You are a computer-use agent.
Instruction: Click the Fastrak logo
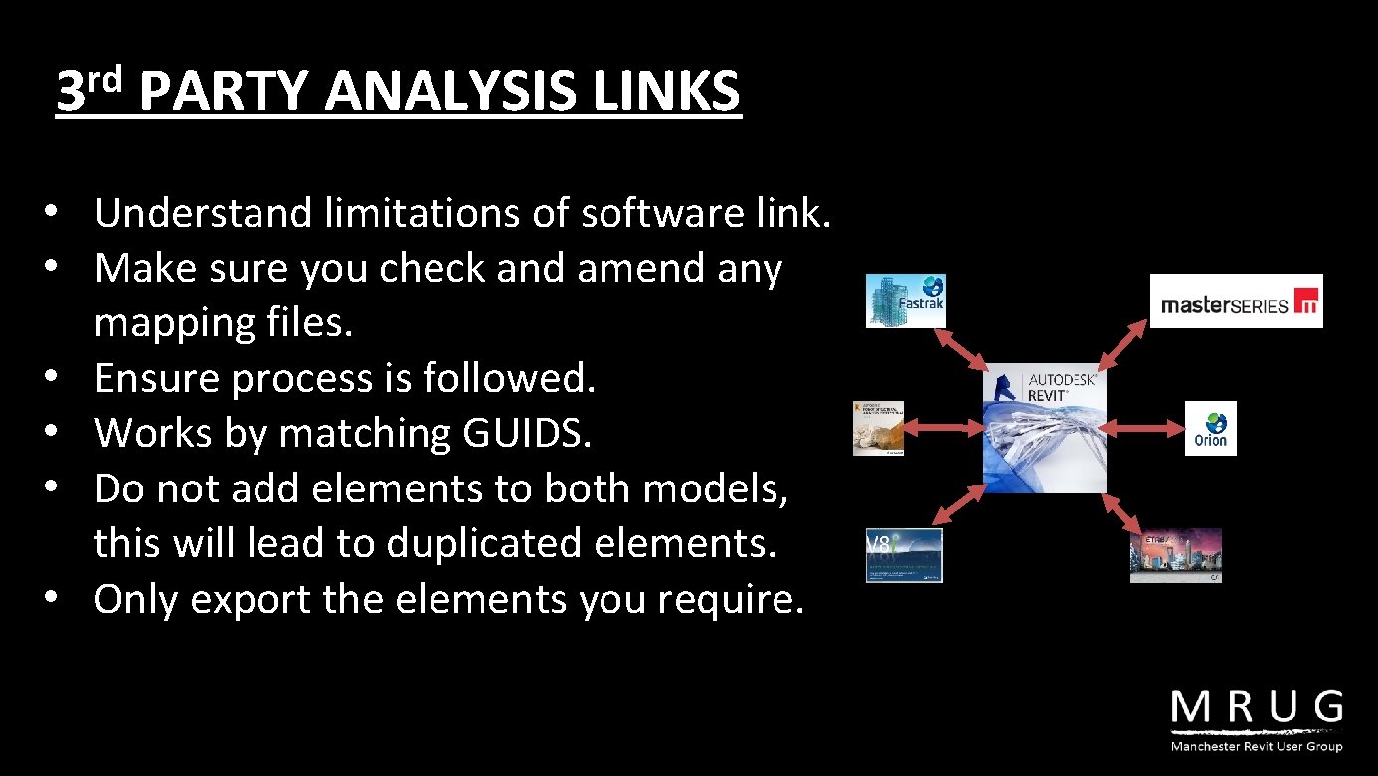pos(905,300)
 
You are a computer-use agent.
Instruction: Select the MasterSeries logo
pos(1236,300)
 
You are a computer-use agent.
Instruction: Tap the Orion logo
pos(1210,428)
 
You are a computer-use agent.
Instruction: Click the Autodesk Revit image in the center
pos(1044,428)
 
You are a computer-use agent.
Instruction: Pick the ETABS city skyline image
pos(1175,555)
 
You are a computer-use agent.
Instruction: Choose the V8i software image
pos(903,555)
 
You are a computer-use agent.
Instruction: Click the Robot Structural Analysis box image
pos(878,428)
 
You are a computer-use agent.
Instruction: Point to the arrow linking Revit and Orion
pos(1142,428)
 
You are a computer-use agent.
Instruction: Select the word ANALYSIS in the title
pos(450,92)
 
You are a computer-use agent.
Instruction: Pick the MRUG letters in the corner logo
pos(1257,710)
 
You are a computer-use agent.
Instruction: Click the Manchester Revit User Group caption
pos(1257,746)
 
